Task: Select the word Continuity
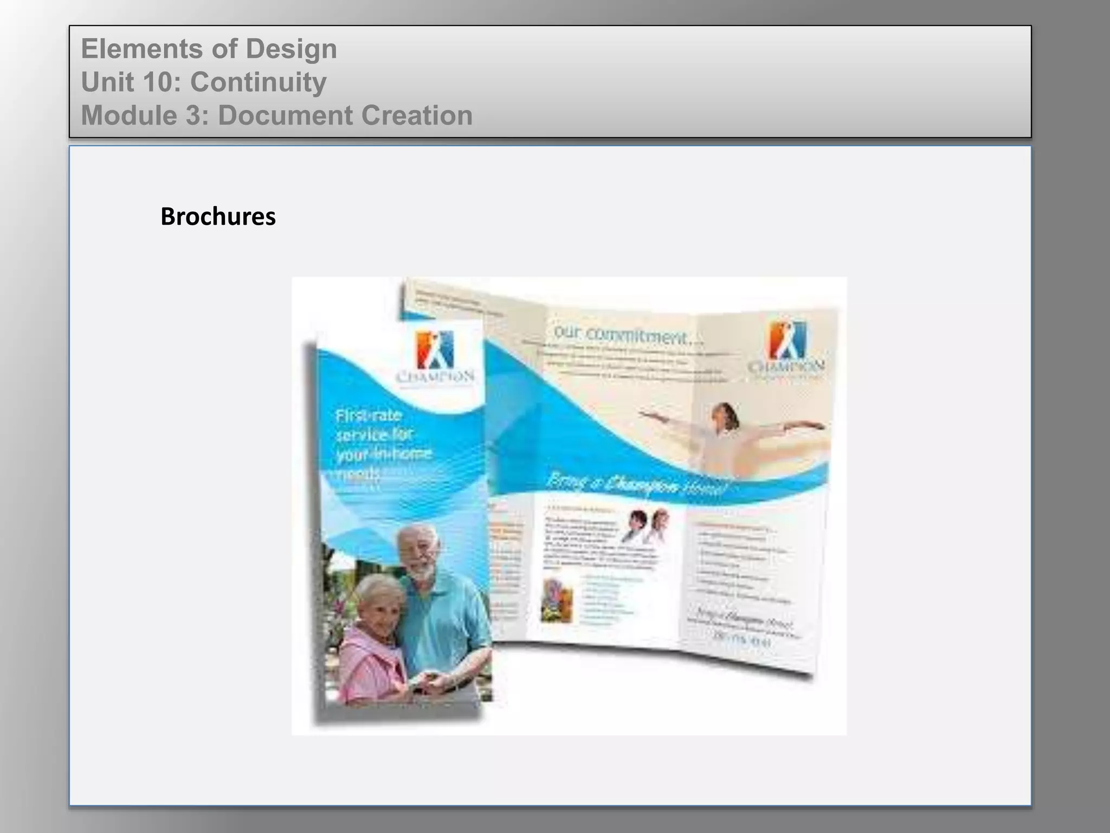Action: (x=259, y=82)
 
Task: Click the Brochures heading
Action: (x=218, y=216)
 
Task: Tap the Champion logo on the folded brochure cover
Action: (x=436, y=351)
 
